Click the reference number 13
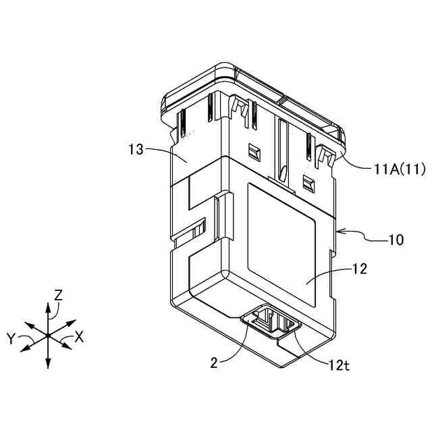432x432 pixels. [x=136, y=150]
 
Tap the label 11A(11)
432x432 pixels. [x=399, y=169]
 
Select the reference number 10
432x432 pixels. [x=396, y=240]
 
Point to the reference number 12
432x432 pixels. [x=359, y=269]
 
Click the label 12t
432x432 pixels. [x=339, y=365]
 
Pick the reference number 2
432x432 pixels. [x=214, y=363]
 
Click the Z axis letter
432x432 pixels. [x=58, y=295]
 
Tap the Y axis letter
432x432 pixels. [x=11, y=338]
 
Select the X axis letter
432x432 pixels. [x=80, y=336]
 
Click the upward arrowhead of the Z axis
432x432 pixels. [x=48, y=306]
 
